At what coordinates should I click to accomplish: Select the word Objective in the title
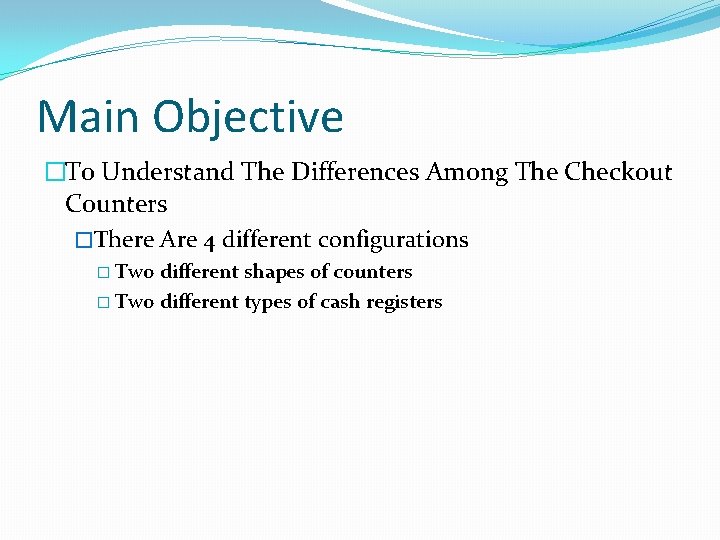click(x=248, y=118)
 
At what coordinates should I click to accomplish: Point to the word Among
click(x=467, y=173)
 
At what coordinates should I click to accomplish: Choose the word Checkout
click(x=618, y=172)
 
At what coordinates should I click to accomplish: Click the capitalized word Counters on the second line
click(x=116, y=204)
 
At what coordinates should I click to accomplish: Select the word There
click(x=126, y=240)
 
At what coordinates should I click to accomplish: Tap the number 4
click(x=209, y=241)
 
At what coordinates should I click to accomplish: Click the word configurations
click(x=393, y=241)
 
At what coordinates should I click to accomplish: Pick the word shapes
click(x=273, y=273)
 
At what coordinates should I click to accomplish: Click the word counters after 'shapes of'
click(x=373, y=272)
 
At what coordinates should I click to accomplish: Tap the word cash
click(x=340, y=302)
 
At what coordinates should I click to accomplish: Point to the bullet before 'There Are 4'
click(x=85, y=241)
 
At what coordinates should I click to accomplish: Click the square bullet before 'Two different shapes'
click(x=105, y=273)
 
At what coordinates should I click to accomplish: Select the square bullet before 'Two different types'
click(x=105, y=303)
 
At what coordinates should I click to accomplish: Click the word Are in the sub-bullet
click(x=179, y=240)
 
